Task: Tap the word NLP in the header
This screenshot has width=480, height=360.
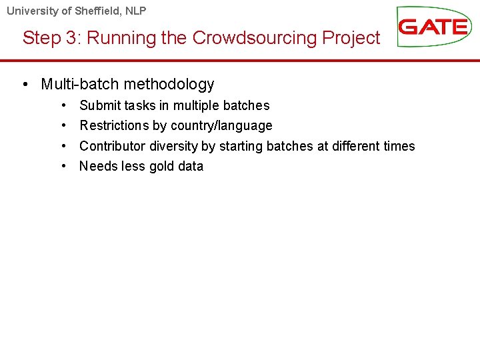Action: coord(133,11)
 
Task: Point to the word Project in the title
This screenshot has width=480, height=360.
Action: coord(351,38)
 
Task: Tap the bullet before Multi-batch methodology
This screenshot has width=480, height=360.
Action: coord(25,85)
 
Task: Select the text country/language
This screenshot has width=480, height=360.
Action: coord(221,126)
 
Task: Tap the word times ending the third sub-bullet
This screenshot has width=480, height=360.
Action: coord(399,146)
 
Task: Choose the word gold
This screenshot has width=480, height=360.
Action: coord(163,166)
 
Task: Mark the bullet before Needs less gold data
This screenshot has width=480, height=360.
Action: coord(62,166)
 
